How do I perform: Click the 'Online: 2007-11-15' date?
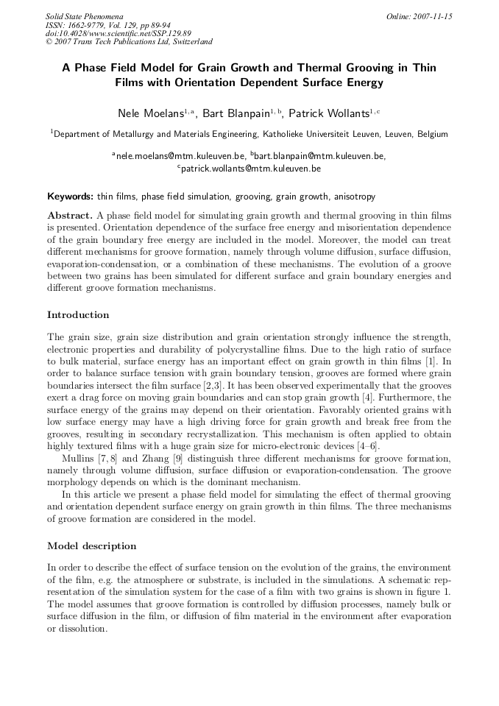(x=419, y=16)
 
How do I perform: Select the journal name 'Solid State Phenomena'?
(x=84, y=16)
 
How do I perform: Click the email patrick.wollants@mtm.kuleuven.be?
(x=249, y=169)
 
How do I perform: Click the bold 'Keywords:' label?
(x=70, y=197)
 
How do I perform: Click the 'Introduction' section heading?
(x=78, y=315)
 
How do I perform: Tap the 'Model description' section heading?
(x=91, y=546)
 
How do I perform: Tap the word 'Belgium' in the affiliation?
(x=431, y=135)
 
